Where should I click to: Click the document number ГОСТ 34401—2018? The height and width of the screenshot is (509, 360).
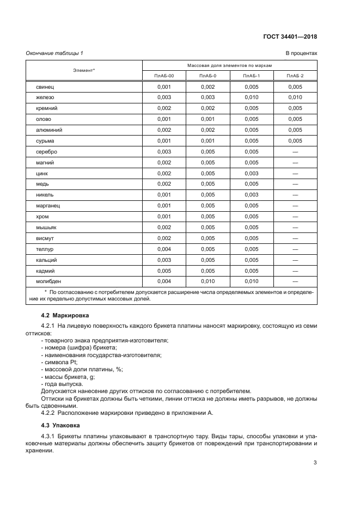click(289, 37)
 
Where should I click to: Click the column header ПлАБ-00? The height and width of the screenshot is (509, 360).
click(164, 76)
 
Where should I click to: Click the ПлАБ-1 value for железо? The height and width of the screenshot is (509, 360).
click(251, 97)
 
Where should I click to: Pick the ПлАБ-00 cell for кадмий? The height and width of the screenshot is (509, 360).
click(164, 271)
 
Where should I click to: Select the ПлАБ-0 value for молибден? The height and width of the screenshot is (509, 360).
click(208, 281)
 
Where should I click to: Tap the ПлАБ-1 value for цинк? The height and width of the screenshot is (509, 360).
click(251, 173)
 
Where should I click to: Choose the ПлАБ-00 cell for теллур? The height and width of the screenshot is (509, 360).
click(164, 249)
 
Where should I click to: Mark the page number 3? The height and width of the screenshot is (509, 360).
click(315, 463)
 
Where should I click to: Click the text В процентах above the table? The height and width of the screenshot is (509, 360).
click(301, 53)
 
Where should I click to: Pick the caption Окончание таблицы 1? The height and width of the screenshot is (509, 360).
click(54, 53)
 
